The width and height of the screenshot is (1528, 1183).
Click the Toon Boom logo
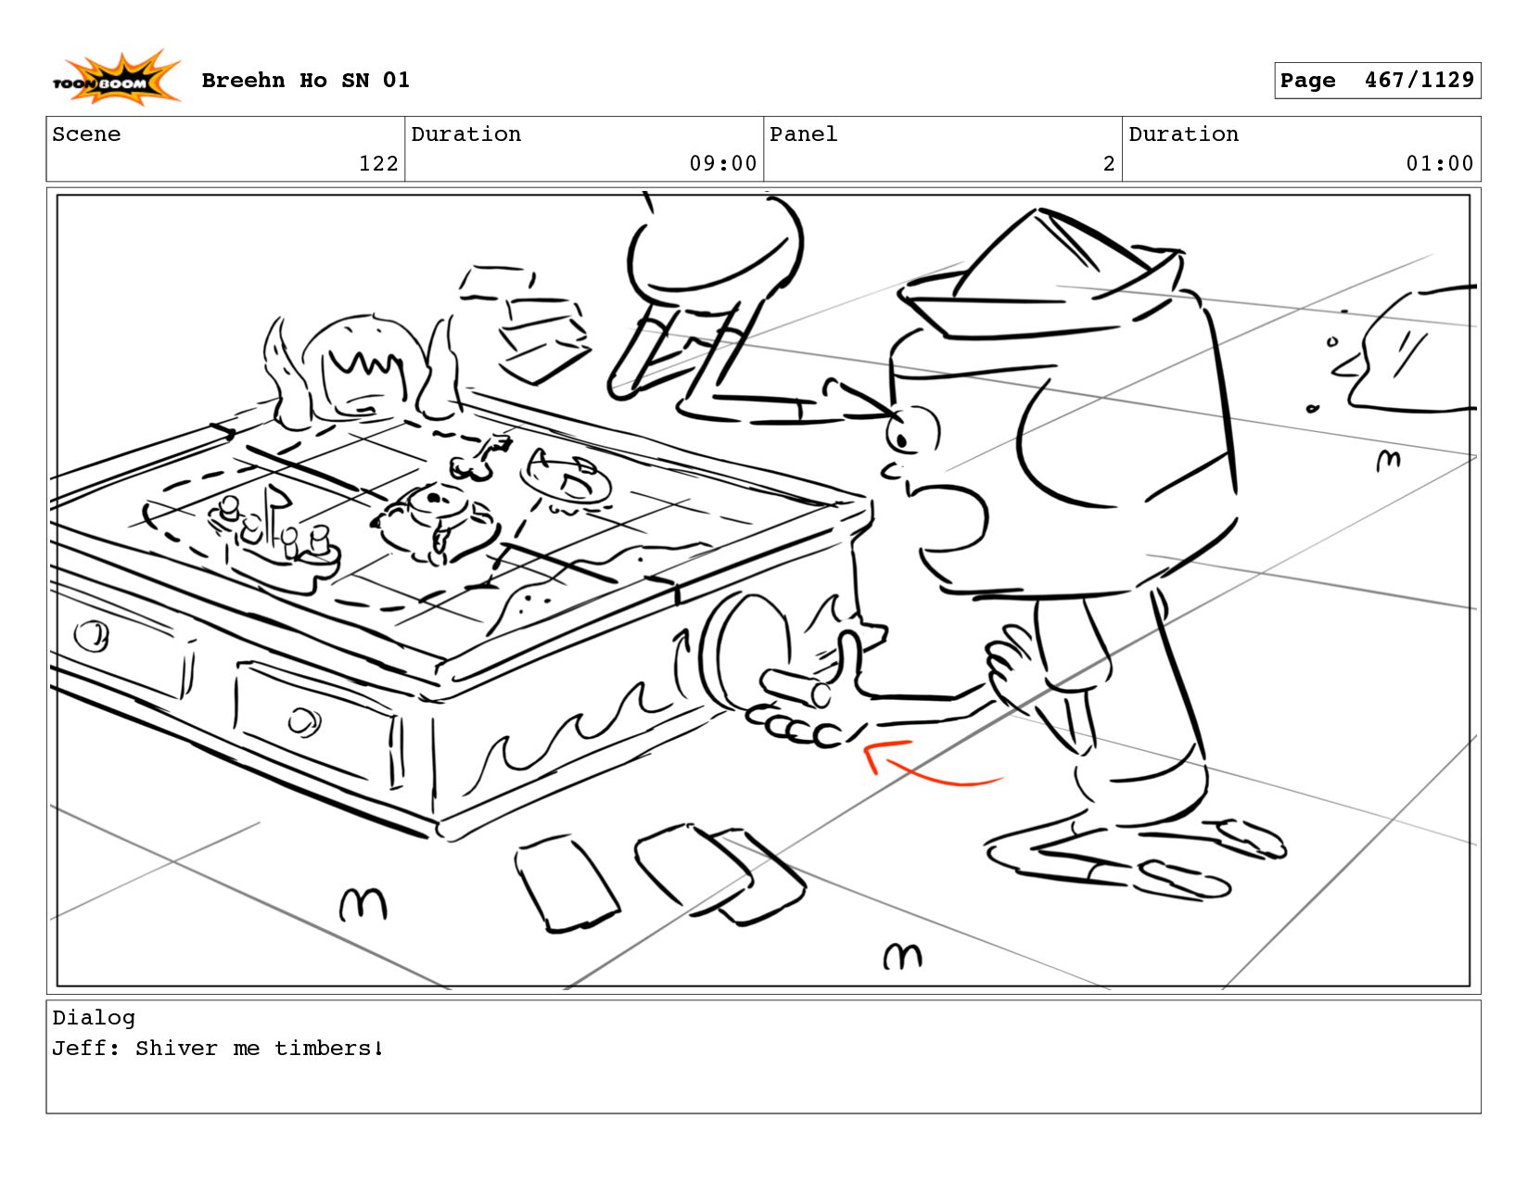(116, 78)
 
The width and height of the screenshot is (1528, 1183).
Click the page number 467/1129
(1419, 80)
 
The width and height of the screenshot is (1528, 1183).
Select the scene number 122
(378, 164)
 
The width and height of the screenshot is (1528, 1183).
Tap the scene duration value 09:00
(722, 164)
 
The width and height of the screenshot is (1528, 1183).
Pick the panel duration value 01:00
(1439, 164)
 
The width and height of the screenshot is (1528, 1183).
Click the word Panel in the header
(803, 134)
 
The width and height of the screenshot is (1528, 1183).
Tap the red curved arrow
(927, 764)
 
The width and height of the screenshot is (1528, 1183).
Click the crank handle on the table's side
(793, 689)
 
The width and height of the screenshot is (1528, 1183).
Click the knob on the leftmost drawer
(92, 635)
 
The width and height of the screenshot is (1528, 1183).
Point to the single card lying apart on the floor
(566, 884)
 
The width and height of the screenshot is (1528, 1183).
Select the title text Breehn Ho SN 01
(304, 80)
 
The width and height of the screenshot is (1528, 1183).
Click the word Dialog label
(94, 1018)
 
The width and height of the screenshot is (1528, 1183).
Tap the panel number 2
(1108, 164)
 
